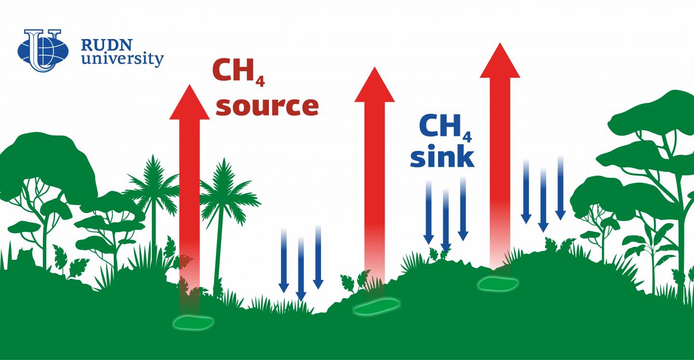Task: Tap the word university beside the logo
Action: coord(122,60)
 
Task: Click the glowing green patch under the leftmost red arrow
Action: coord(193,322)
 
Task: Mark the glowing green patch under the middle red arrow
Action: coord(376,307)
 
